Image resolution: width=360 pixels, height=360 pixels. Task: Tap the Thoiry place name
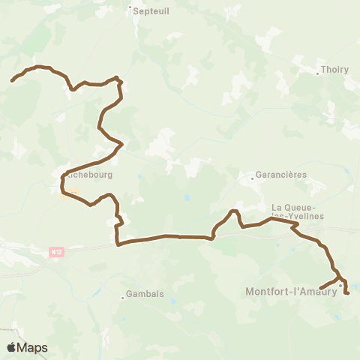[334, 70]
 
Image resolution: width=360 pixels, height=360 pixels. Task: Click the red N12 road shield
[55, 253]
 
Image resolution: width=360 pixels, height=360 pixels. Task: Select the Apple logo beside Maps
[11, 347]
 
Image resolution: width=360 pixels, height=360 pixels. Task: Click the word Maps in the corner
[33, 347]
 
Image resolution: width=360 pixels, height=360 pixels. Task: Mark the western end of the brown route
[11, 80]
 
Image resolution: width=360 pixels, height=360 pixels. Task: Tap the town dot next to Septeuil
[130, 10]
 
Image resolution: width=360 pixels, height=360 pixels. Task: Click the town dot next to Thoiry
[317, 73]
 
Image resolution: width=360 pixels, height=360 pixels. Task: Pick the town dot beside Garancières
[252, 178]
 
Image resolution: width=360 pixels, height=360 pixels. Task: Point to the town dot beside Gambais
[122, 298]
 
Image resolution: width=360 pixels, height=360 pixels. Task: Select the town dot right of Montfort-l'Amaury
[340, 285]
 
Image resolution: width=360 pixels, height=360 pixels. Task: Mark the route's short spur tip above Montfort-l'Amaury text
[320, 289]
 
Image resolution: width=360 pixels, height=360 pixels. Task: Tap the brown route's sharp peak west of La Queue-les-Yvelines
[234, 211]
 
